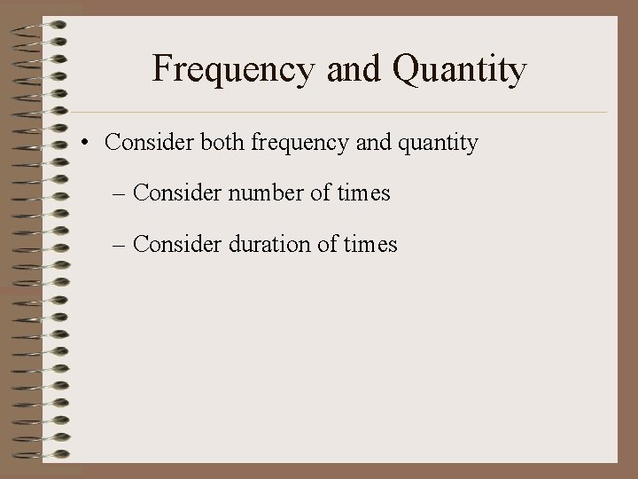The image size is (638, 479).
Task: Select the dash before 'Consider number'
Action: pos(121,194)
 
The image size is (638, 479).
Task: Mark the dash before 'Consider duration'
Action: pos(121,245)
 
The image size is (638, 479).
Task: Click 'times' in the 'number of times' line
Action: pos(362,192)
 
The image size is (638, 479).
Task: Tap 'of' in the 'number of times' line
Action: pos(317,192)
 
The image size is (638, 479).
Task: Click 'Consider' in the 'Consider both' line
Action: pos(145,143)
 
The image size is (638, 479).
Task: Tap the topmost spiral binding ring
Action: pos(44,25)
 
